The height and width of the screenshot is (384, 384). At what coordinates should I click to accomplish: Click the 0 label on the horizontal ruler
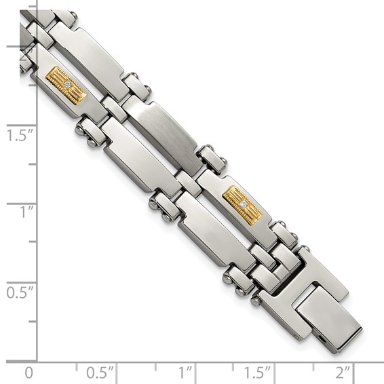pos(28,372)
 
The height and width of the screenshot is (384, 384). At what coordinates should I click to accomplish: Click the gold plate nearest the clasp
pos(242,204)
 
